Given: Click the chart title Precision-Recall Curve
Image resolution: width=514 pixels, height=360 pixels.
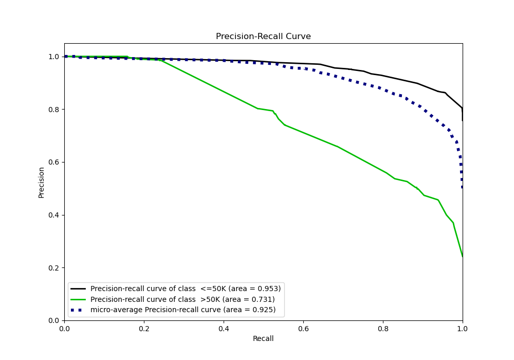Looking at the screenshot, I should tap(263, 37).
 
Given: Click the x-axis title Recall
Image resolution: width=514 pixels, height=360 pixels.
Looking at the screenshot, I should tap(263, 338).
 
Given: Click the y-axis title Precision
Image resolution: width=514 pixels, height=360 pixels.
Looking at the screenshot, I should tap(42, 182).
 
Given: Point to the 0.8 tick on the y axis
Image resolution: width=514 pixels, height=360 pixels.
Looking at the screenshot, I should tap(54, 109).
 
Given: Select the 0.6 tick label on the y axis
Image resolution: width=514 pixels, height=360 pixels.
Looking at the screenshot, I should tap(54, 162).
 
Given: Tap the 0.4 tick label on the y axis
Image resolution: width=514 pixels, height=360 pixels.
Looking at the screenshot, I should tap(54, 215).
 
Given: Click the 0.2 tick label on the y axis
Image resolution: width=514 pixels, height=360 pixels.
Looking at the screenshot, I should tap(54, 268).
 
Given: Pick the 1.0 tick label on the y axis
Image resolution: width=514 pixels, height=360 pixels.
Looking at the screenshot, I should tap(54, 57).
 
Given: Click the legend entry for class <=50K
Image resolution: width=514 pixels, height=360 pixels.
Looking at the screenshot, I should tap(186, 289).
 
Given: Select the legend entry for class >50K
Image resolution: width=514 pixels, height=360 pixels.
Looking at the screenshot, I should tap(182, 299).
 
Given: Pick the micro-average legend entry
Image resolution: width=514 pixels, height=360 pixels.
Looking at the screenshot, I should tap(183, 310).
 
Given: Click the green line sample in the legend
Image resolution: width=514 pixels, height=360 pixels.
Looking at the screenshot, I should tap(79, 299).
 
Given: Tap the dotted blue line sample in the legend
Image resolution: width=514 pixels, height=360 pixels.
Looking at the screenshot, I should tap(79, 310).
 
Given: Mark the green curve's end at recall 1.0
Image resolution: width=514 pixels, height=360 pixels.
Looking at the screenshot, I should tap(462, 256).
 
